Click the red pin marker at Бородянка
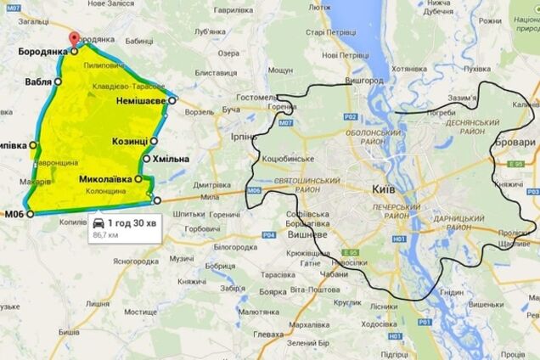74,39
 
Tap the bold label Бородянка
42,52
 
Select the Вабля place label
37,82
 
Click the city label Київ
383,191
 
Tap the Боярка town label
273,292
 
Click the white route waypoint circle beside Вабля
58,82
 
